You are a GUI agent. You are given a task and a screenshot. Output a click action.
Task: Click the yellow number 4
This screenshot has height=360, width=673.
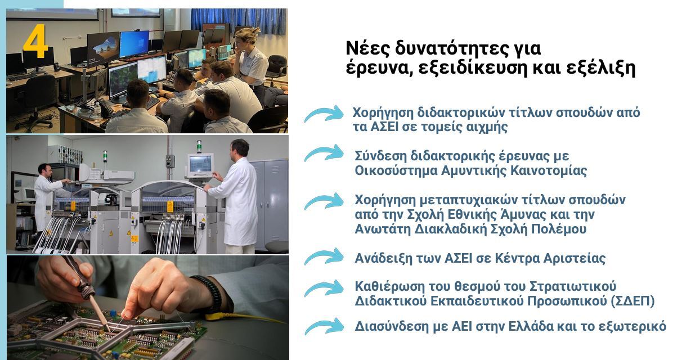[35, 41]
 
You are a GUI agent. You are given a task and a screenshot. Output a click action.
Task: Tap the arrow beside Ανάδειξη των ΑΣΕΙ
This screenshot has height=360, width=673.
[324, 256]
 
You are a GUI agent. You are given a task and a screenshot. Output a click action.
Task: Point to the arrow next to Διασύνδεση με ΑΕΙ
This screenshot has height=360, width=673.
[324, 326]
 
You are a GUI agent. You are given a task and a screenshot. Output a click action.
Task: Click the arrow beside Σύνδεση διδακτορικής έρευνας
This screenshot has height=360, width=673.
[324, 153]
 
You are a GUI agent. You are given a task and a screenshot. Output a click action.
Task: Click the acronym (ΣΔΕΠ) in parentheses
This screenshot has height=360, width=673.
[632, 301]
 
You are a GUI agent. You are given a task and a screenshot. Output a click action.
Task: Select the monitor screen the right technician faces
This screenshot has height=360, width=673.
[200, 164]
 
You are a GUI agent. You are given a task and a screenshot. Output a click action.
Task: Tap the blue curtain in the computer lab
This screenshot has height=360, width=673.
[238, 21]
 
